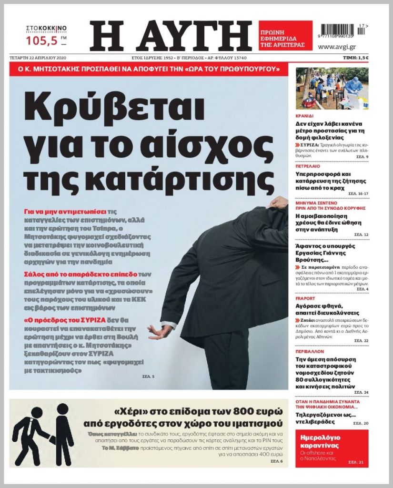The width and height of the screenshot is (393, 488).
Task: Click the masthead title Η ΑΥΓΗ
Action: pos(171,36)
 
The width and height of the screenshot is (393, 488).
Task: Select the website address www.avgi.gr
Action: pos(336,47)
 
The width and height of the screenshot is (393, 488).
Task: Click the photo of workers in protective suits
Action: pos(332,89)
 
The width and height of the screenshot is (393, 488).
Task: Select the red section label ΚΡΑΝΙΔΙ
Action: pos(305,115)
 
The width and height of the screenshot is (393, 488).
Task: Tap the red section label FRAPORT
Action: pos(305,298)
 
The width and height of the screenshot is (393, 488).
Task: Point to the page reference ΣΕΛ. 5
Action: pos(148,377)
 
